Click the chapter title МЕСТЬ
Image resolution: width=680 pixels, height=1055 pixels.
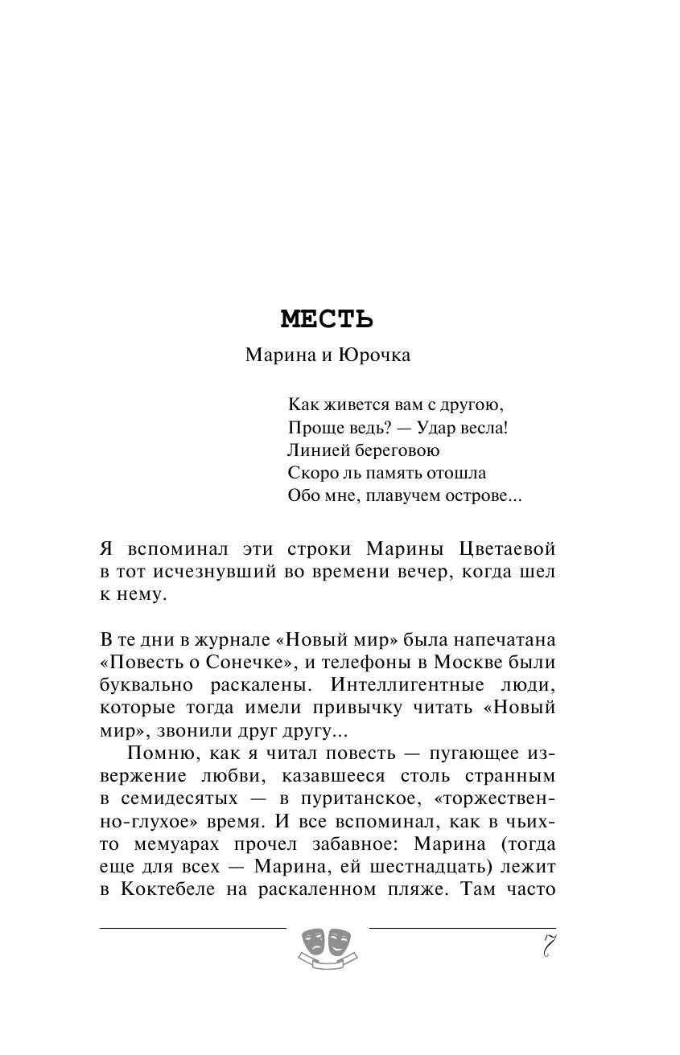[327, 319]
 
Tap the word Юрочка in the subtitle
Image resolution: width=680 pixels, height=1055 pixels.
[374, 355]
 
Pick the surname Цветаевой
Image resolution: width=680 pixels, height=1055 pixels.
[505, 549]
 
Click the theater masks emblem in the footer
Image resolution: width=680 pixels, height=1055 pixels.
[328, 943]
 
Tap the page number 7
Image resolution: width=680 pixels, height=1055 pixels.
[548, 946]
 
